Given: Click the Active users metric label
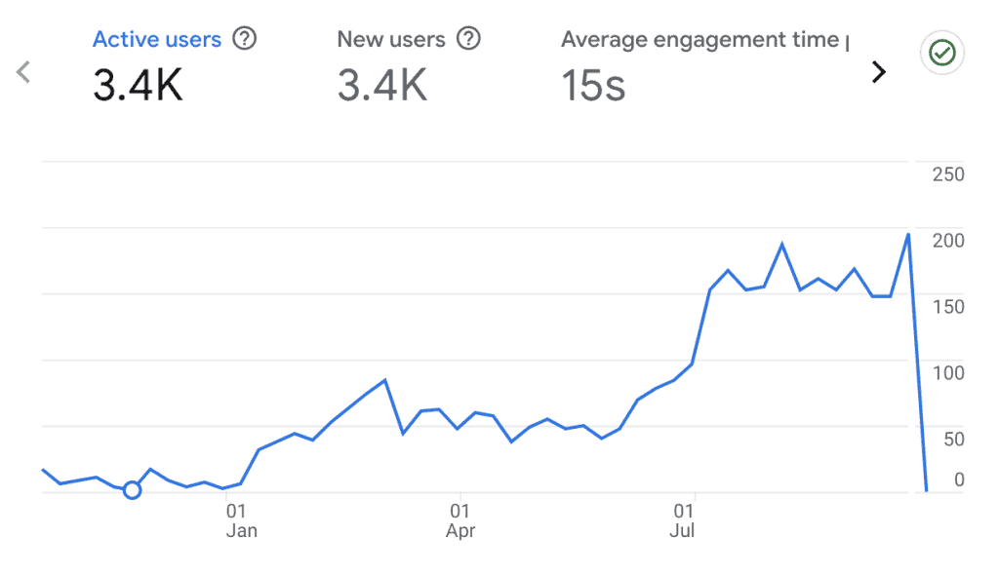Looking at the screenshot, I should (157, 40).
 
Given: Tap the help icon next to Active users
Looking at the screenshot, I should (245, 40).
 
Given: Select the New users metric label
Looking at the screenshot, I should (390, 40).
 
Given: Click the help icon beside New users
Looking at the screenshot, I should (469, 40).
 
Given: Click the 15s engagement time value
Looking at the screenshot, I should (592, 86).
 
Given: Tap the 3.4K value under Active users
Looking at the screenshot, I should (138, 86).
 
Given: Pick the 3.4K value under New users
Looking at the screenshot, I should (381, 86).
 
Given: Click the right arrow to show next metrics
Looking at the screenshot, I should (879, 71).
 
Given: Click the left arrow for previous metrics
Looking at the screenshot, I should (24, 71).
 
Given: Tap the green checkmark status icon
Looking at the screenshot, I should (941, 55).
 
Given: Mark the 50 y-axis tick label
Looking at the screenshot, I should (952, 440).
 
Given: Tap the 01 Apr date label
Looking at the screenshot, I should (460, 520).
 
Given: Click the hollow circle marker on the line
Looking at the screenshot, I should (133, 489).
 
